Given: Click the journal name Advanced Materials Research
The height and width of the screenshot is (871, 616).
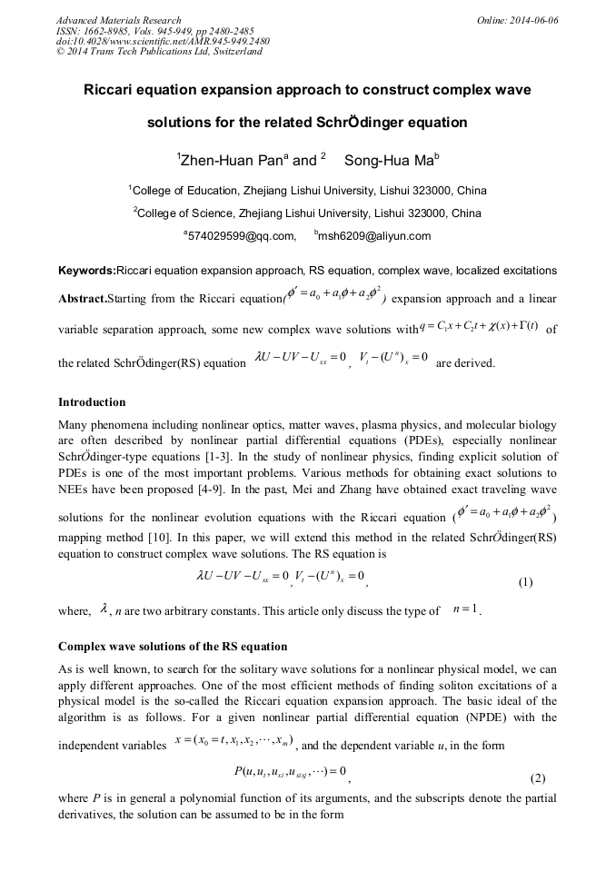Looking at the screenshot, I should click(x=118, y=20).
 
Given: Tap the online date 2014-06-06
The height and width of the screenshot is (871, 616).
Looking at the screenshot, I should click(x=535, y=20).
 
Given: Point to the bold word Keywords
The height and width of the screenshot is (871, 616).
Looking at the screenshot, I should click(x=86, y=271).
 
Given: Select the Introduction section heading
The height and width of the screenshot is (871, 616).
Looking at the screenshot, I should click(x=92, y=401).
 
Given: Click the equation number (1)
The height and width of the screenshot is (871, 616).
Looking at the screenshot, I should click(x=524, y=581).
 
